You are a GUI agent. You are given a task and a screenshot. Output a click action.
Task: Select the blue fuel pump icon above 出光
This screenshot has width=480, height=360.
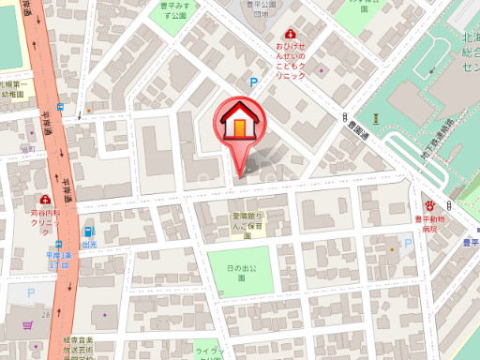tap(89, 230)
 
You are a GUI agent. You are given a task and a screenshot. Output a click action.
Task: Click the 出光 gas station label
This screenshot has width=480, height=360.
tap(89, 244)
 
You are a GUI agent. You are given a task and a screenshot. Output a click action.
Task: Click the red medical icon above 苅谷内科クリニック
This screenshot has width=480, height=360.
tap(45, 200)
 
